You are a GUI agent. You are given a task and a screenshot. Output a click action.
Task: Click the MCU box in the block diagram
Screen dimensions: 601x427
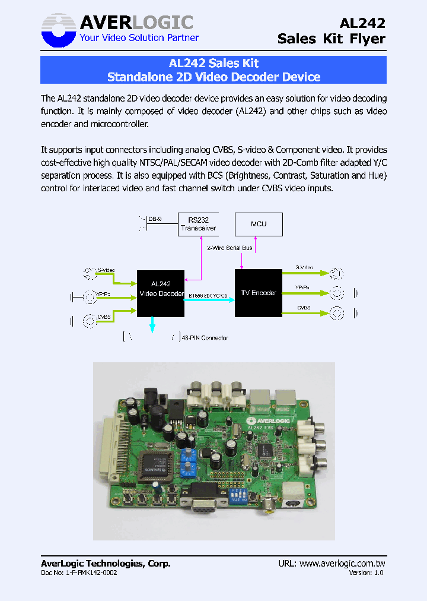[x=259, y=224]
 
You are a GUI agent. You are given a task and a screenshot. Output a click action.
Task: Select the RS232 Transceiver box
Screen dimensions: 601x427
[x=198, y=224]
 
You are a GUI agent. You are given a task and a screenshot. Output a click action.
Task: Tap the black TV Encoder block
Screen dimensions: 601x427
[x=259, y=293]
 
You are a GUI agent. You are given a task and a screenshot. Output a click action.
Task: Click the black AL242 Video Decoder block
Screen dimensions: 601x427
[x=161, y=293]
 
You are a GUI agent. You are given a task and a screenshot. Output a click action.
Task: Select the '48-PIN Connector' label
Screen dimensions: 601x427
[x=205, y=338]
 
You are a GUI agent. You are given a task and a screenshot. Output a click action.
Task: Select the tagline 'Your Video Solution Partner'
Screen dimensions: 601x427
[x=139, y=38]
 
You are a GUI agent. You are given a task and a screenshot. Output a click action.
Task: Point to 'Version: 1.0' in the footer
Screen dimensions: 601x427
[x=366, y=572]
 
